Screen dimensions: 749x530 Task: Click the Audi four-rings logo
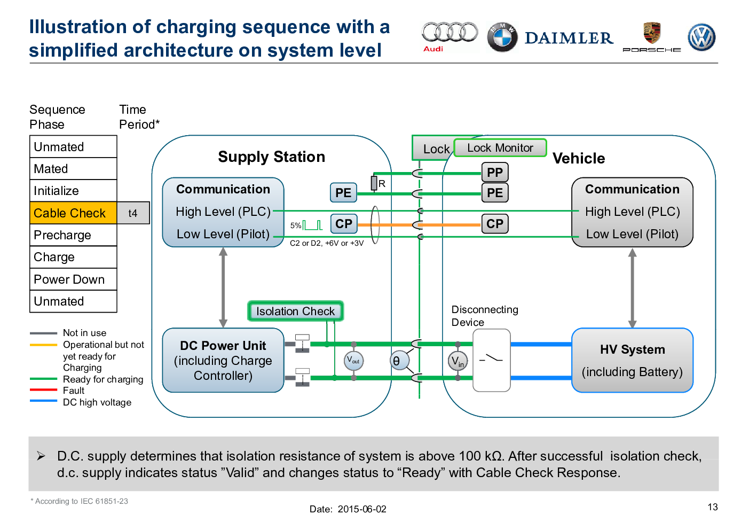point(450,33)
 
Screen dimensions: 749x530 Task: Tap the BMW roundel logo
point(502,37)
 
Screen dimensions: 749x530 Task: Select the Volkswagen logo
point(701,37)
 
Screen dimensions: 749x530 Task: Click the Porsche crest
point(652,33)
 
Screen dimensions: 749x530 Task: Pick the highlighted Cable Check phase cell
point(73,213)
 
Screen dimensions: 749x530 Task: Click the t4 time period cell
point(133,213)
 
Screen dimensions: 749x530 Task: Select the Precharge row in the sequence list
point(73,235)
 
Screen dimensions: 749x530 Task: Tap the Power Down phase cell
point(73,279)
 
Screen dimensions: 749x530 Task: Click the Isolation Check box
point(295,311)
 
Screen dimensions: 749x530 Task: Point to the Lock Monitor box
point(500,147)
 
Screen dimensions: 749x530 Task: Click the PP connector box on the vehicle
point(495,173)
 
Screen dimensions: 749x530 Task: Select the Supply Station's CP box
point(344,223)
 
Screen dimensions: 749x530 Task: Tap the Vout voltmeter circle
point(353,361)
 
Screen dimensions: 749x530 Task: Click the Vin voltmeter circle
point(458,361)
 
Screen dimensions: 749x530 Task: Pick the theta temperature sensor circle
point(399,361)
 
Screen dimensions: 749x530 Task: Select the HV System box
point(632,360)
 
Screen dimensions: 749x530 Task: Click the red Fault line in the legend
point(43,390)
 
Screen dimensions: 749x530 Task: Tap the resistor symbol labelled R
point(374,183)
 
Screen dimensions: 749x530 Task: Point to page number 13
point(713,507)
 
